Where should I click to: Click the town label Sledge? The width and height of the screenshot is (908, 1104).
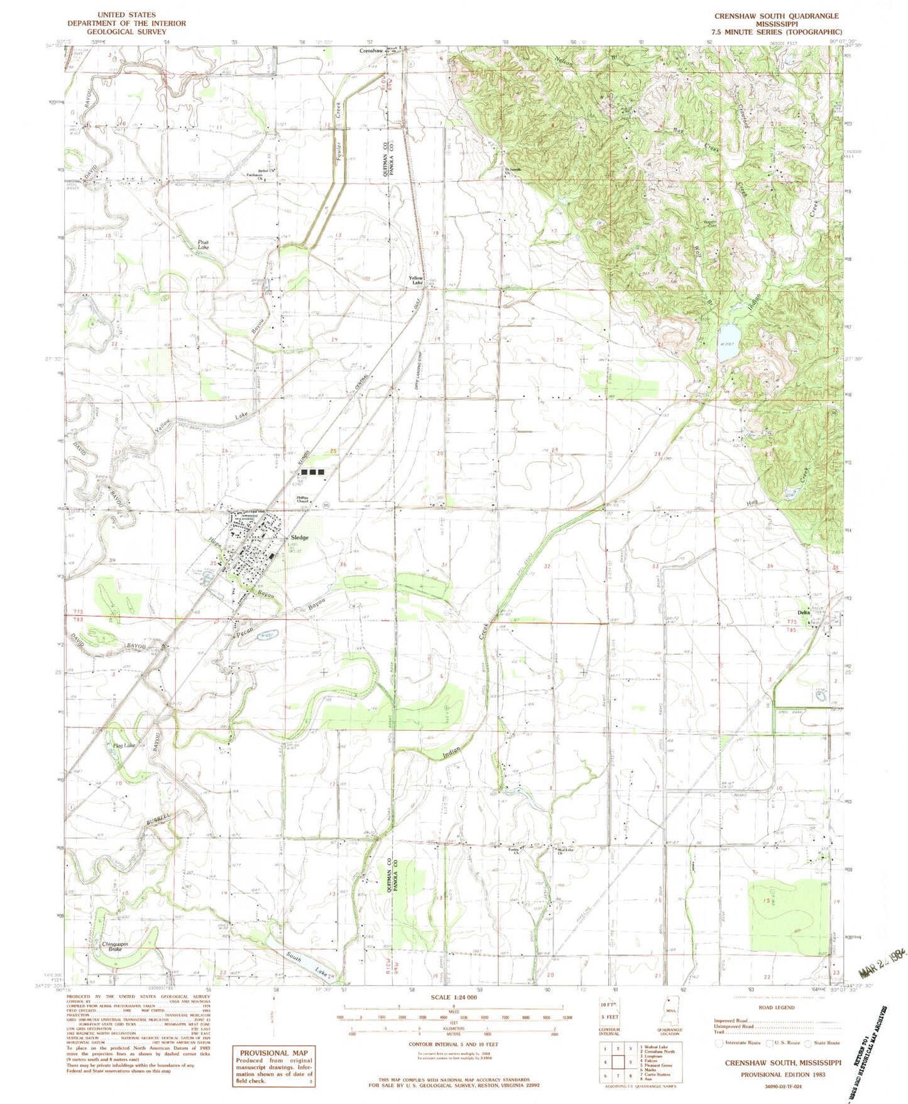point(299,538)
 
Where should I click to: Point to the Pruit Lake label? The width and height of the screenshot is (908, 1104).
point(203,245)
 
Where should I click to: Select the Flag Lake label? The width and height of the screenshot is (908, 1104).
point(124,745)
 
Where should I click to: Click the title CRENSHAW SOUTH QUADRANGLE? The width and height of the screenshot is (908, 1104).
point(776,15)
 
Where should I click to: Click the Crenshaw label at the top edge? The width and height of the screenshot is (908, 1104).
point(371,51)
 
